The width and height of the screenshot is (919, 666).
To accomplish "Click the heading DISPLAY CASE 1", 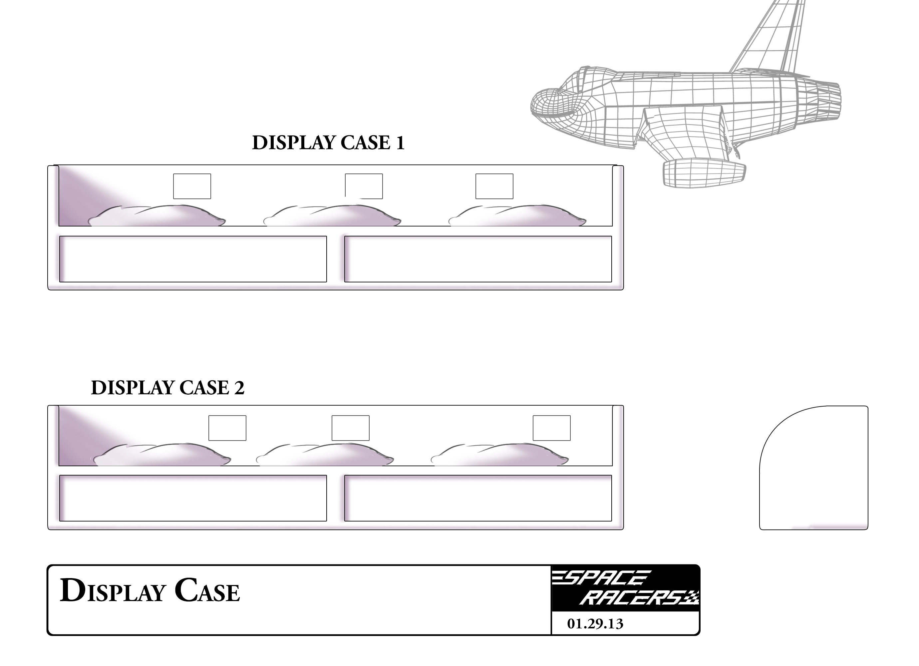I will click(328, 143).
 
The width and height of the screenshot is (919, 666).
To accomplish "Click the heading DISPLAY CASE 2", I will click(168, 388).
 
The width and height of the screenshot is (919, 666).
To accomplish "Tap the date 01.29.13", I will click(595, 624).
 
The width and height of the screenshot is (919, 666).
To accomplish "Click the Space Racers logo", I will click(625, 588).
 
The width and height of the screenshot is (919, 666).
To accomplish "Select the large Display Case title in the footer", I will click(150, 591).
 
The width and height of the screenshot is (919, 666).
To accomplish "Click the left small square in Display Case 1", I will click(192, 186).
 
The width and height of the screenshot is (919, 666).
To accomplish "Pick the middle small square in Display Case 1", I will click(364, 186).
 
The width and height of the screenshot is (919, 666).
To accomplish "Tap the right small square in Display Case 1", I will click(494, 186).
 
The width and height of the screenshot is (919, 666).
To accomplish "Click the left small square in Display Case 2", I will click(227, 428).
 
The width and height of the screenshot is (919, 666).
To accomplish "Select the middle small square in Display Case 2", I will click(351, 428).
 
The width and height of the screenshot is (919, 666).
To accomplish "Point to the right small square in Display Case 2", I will click(551, 428).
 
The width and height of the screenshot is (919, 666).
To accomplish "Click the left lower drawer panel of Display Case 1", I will click(193, 259).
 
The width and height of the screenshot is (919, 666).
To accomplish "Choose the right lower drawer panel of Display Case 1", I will click(478, 259).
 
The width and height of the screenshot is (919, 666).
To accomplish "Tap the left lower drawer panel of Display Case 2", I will click(193, 498).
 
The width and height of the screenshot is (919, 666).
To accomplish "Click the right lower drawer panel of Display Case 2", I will click(478, 498).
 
